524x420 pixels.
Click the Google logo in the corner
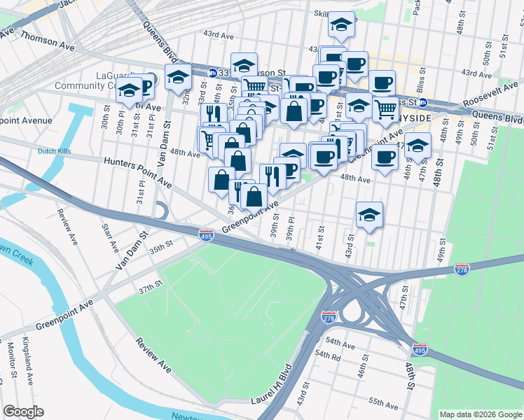[23, 412]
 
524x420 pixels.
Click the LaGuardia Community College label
[105, 80]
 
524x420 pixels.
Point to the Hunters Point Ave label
[137, 171]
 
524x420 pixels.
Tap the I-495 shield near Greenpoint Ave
[206, 236]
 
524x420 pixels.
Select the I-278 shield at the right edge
[462, 269]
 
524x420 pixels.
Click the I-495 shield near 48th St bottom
[419, 348]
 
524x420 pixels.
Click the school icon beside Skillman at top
[341, 25]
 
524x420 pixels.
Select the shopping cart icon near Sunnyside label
[385, 109]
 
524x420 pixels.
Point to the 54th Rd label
[327, 356]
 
